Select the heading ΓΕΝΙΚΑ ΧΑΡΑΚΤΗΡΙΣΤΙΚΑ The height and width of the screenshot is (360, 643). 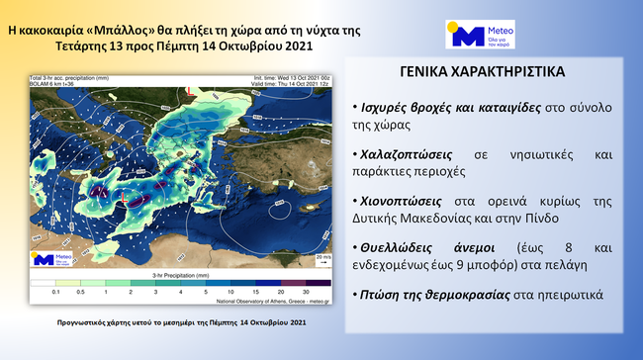coord(484,73)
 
